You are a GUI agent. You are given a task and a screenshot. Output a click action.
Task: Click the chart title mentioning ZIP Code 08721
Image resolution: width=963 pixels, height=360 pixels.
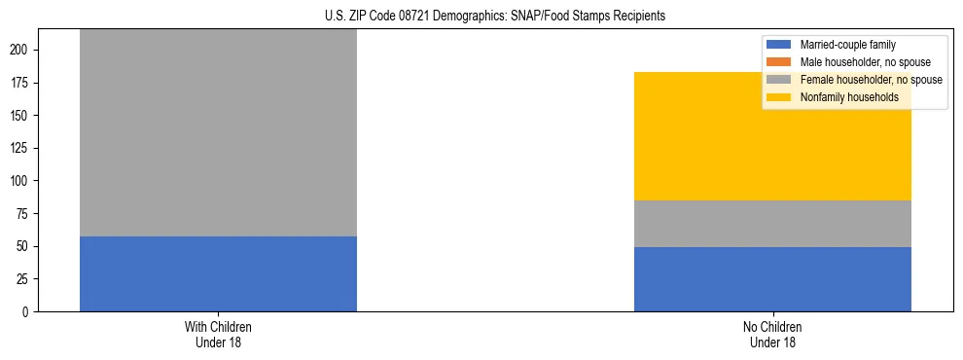481,17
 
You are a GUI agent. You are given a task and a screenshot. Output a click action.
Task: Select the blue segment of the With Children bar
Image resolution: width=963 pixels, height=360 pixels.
218,273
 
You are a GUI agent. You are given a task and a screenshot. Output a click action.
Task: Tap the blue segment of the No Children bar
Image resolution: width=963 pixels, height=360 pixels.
772,279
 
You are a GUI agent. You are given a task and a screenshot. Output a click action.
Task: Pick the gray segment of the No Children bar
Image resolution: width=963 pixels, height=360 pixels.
772,224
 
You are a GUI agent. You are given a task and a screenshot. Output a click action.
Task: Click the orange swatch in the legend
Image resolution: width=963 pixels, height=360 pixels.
780,62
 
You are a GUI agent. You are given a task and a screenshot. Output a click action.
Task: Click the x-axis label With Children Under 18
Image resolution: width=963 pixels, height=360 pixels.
218,334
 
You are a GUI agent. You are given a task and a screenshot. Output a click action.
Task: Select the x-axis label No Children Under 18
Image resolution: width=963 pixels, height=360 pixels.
772,334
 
